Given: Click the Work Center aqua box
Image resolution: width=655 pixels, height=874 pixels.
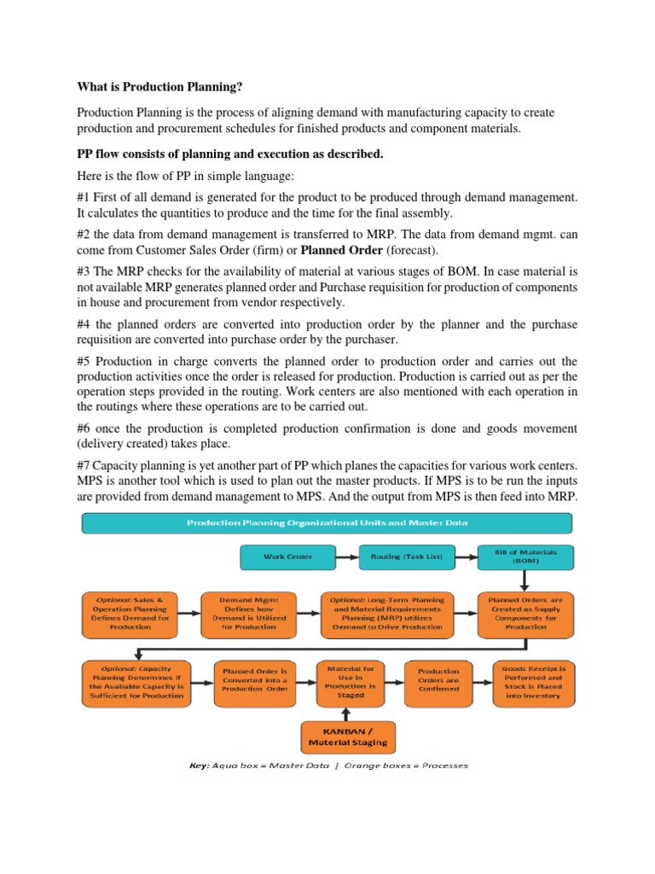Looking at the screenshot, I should point(287,556).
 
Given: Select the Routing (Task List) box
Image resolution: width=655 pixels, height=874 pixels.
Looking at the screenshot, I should point(406,556).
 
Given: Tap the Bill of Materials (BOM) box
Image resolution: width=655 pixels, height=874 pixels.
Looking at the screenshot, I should point(525,556).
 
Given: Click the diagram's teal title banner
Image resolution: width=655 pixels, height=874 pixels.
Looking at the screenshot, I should point(327,523).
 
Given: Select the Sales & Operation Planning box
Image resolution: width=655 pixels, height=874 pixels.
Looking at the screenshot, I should point(130,613).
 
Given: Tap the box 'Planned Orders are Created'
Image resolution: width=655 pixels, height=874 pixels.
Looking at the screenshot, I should point(525,613).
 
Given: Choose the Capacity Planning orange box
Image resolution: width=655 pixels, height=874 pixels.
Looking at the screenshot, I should point(136,683).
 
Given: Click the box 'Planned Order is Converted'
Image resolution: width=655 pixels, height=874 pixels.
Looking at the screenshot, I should point(254,683).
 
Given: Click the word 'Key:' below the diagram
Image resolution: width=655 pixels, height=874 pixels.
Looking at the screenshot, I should point(200,766).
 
